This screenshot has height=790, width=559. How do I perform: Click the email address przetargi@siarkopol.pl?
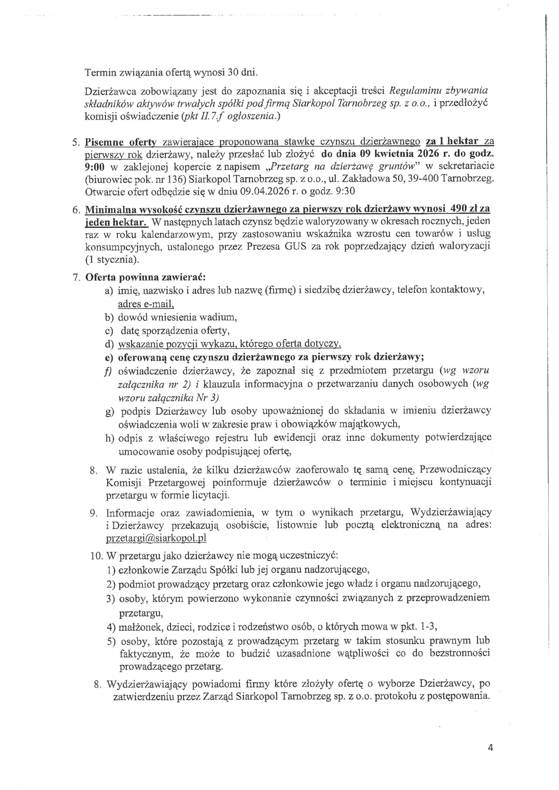pyautogui.click(x=156, y=538)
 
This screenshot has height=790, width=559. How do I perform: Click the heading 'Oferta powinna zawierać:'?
pyautogui.click(x=145, y=277)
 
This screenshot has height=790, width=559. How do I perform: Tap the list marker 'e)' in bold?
pyautogui.click(x=109, y=357)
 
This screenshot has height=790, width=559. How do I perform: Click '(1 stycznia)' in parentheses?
pyautogui.click(x=112, y=259)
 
